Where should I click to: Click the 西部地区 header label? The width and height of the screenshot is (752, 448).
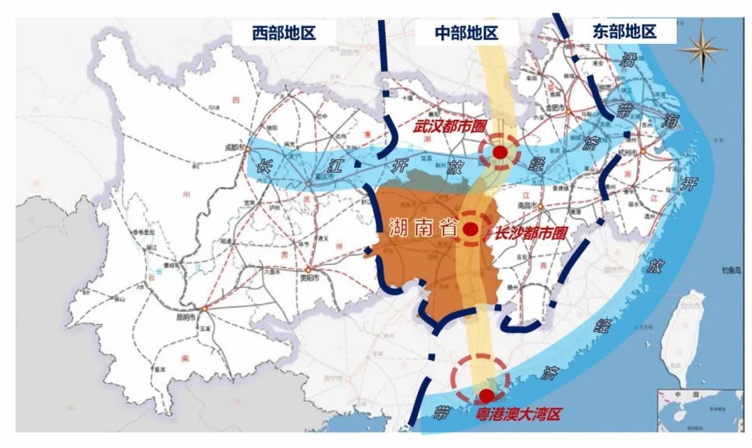284,32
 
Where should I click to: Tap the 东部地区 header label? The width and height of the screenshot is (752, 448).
625,32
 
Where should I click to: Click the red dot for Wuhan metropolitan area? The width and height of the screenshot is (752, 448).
500,152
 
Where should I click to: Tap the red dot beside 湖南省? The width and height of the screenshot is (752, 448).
471,229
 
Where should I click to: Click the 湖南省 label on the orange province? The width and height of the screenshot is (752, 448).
418,229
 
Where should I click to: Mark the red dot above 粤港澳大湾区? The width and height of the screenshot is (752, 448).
486,395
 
